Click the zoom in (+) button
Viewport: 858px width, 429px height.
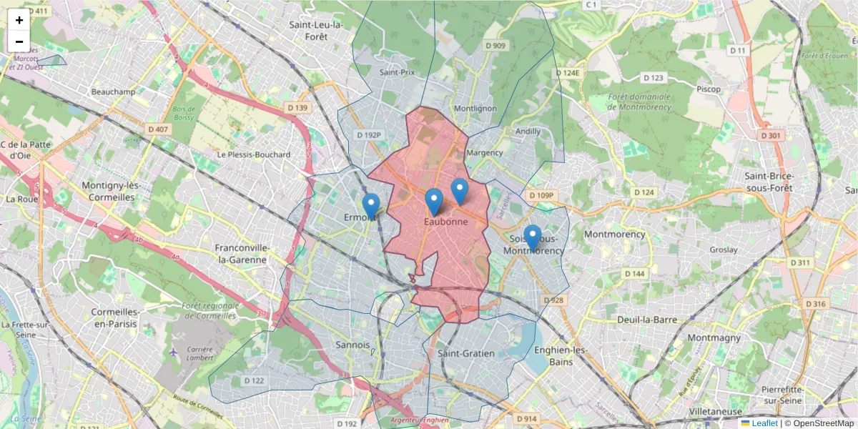[19, 20]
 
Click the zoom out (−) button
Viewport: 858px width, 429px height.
[19, 41]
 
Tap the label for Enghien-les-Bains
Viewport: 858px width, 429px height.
[560, 355]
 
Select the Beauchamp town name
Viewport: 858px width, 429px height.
[114, 92]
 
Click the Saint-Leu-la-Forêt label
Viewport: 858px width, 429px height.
[317, 31]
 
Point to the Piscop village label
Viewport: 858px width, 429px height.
[708, 89]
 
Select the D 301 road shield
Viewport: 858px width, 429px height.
[771, 135]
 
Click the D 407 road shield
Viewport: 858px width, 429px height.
[158, 129]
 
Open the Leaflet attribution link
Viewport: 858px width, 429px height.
[764, 423]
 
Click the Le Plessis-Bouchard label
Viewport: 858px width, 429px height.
[254, 154]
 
